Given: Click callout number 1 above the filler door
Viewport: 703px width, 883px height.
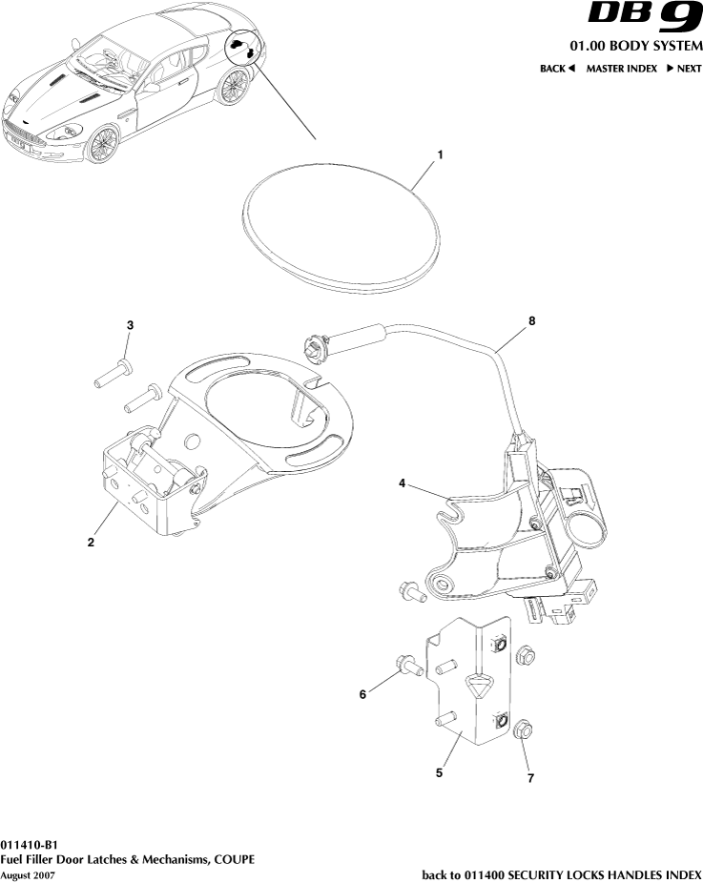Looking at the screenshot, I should [x=439, y=154].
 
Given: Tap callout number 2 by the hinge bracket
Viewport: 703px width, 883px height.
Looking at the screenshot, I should [x=91, y=543].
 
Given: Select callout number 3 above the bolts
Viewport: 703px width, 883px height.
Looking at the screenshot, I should [x=131, y=326].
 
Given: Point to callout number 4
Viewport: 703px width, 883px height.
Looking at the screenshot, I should [x=403, y=484].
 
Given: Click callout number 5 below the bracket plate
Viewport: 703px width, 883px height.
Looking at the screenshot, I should [x=439, y=773].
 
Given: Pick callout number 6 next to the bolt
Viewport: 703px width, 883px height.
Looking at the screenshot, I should [x=362, y=695].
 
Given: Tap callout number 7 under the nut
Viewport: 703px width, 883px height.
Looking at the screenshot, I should [x=530, y=778].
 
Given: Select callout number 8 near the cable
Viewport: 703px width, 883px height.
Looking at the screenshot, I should [x=531, y=321].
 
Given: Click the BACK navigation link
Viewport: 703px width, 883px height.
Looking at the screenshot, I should [x=558, y=69].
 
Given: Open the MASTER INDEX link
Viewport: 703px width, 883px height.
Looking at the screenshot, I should [x=621, y=69].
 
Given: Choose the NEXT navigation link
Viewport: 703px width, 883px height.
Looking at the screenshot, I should [x=684, y=69].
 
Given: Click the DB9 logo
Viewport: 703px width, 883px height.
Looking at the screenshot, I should [x=644, y=19].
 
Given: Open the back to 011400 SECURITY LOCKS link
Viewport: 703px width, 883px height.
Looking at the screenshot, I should [x=562, y=874].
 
